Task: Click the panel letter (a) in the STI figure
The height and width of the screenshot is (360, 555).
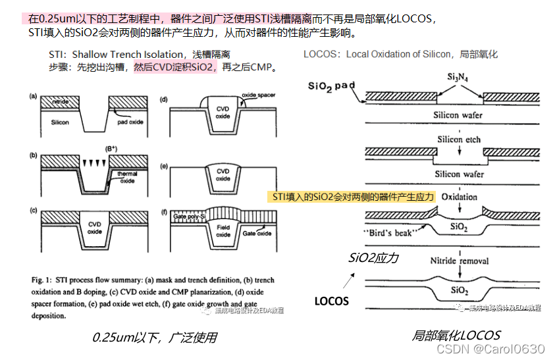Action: click(x=32, y=96)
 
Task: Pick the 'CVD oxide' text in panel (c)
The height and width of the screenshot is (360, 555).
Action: click(x=95, y=228)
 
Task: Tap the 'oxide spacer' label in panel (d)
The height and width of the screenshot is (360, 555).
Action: click(x=257, y=95)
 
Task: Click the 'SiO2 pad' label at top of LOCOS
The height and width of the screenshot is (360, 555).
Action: click(x=336, y=86)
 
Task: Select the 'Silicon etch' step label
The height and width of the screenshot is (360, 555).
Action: click(x=459, y=140)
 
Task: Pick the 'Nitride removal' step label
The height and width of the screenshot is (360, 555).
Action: click(x=459, y=261)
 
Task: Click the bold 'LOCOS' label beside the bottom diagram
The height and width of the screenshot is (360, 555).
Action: click(x=331, y=301)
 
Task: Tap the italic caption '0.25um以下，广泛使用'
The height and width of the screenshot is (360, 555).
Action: click(x=155, y=338)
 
